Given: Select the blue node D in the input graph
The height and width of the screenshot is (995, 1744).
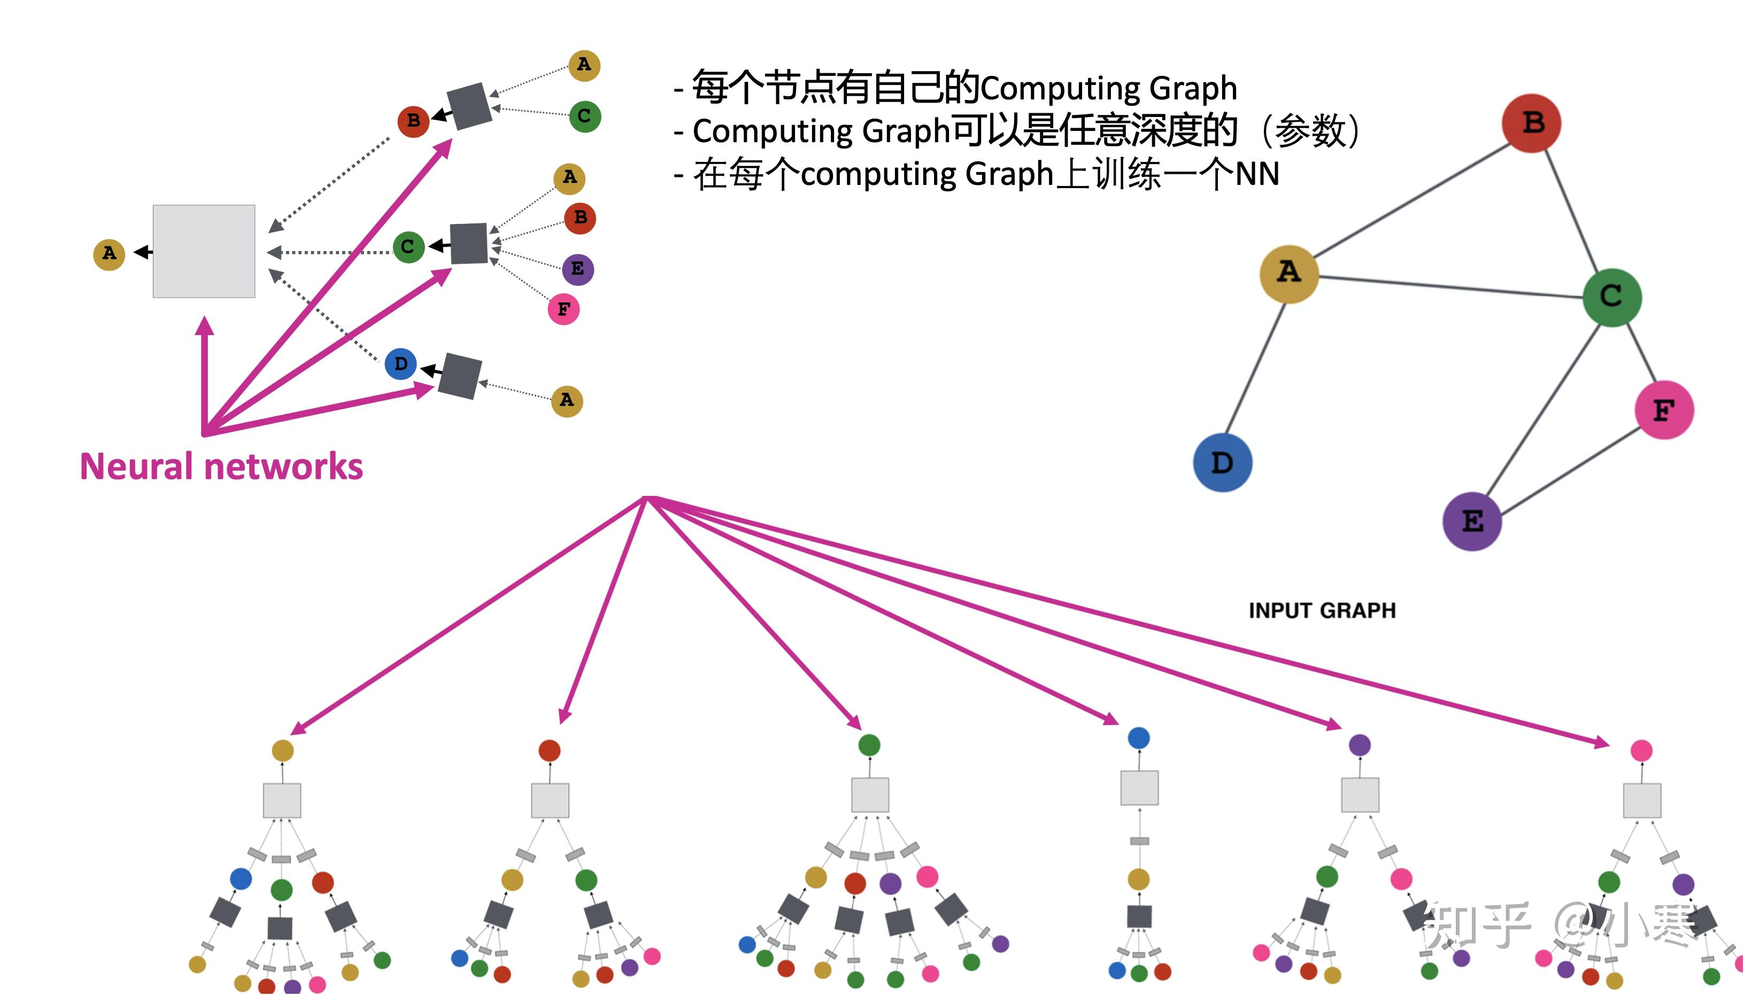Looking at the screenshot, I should pyautogui.click(x=1222, y=463).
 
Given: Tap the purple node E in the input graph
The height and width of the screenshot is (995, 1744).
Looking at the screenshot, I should pyautogui.click(x=1471, y=522).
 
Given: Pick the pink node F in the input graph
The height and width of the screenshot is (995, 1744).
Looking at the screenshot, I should pyautogui.click(x=1663, y=410).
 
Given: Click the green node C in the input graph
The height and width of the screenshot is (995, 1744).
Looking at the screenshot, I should pyautogui.click(x=1611, y=297).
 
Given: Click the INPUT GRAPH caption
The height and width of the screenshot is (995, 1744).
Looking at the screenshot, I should pyautogui.click(x=1322, y=610).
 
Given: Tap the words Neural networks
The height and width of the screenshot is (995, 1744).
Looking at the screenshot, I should pyautogui.click(x=221, y=467).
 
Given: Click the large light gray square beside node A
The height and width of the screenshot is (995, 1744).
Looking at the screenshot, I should pyautogui.click(x=204, y=252).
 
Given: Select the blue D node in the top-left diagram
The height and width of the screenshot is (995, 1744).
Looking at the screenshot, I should pyautogui.click(x=400, y=363).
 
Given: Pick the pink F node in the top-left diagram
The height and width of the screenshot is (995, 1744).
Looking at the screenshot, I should pyautogui.click(x=564, y=309).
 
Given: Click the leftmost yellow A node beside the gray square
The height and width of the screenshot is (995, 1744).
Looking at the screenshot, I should pyautogui.click(x=109, y=254).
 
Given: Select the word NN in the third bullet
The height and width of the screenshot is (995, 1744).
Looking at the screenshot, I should pyautogui.click(x=1256, y=174).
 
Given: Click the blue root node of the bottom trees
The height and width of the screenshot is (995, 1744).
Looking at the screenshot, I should pyautogui.click(x=1138, y=738).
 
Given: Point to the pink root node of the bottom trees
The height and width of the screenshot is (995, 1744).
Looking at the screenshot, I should pyautogui.click(x=1641, y=750).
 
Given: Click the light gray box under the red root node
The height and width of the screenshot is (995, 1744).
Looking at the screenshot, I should pyautogui.click(x=550, y=800).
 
